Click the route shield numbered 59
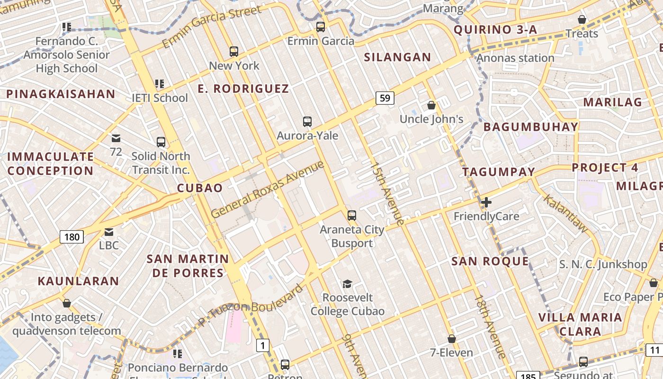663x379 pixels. click(385, 98)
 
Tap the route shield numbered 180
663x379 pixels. click(72, 236)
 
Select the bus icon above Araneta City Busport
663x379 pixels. click(351, 216)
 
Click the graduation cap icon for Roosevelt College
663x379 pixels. click(348, 284)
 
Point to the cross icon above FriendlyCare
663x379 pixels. click(486, 203)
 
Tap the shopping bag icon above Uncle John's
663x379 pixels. click(431, 105)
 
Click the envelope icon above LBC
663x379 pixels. click(109, 232)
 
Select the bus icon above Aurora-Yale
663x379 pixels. click(307, 122)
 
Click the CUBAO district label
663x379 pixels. click(200, 188)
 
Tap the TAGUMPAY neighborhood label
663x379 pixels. click(499, 172)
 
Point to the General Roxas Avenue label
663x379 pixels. click(268, 189)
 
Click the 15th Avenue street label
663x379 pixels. click(387, 194)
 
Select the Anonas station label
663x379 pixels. click(515, 58)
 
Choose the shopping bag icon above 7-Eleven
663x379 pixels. click(452, 339)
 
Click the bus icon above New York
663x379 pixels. click(233, 52)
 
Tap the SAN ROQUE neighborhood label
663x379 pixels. click(490, 261)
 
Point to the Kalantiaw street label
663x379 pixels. click(565, 213)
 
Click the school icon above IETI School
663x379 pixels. click(160, 84)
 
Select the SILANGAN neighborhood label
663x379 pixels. click(397, 57)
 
